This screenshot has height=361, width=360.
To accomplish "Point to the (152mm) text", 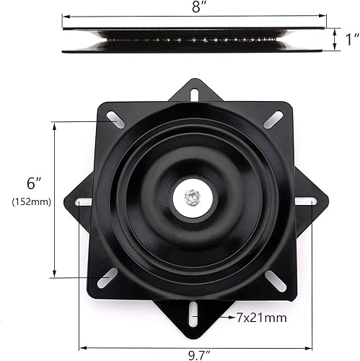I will pyautogui.click(x=30, y=201).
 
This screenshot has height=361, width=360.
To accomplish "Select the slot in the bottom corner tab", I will pyautogui.click(x=193, y=316).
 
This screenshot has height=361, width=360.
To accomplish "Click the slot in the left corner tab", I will pyautogui.click(x=84, y=202).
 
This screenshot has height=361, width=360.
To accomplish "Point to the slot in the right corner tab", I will pyautogui.click(x=305, y=201).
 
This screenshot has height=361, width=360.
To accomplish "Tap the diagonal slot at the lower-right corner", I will pyautogui.click(x=276, y=280).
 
